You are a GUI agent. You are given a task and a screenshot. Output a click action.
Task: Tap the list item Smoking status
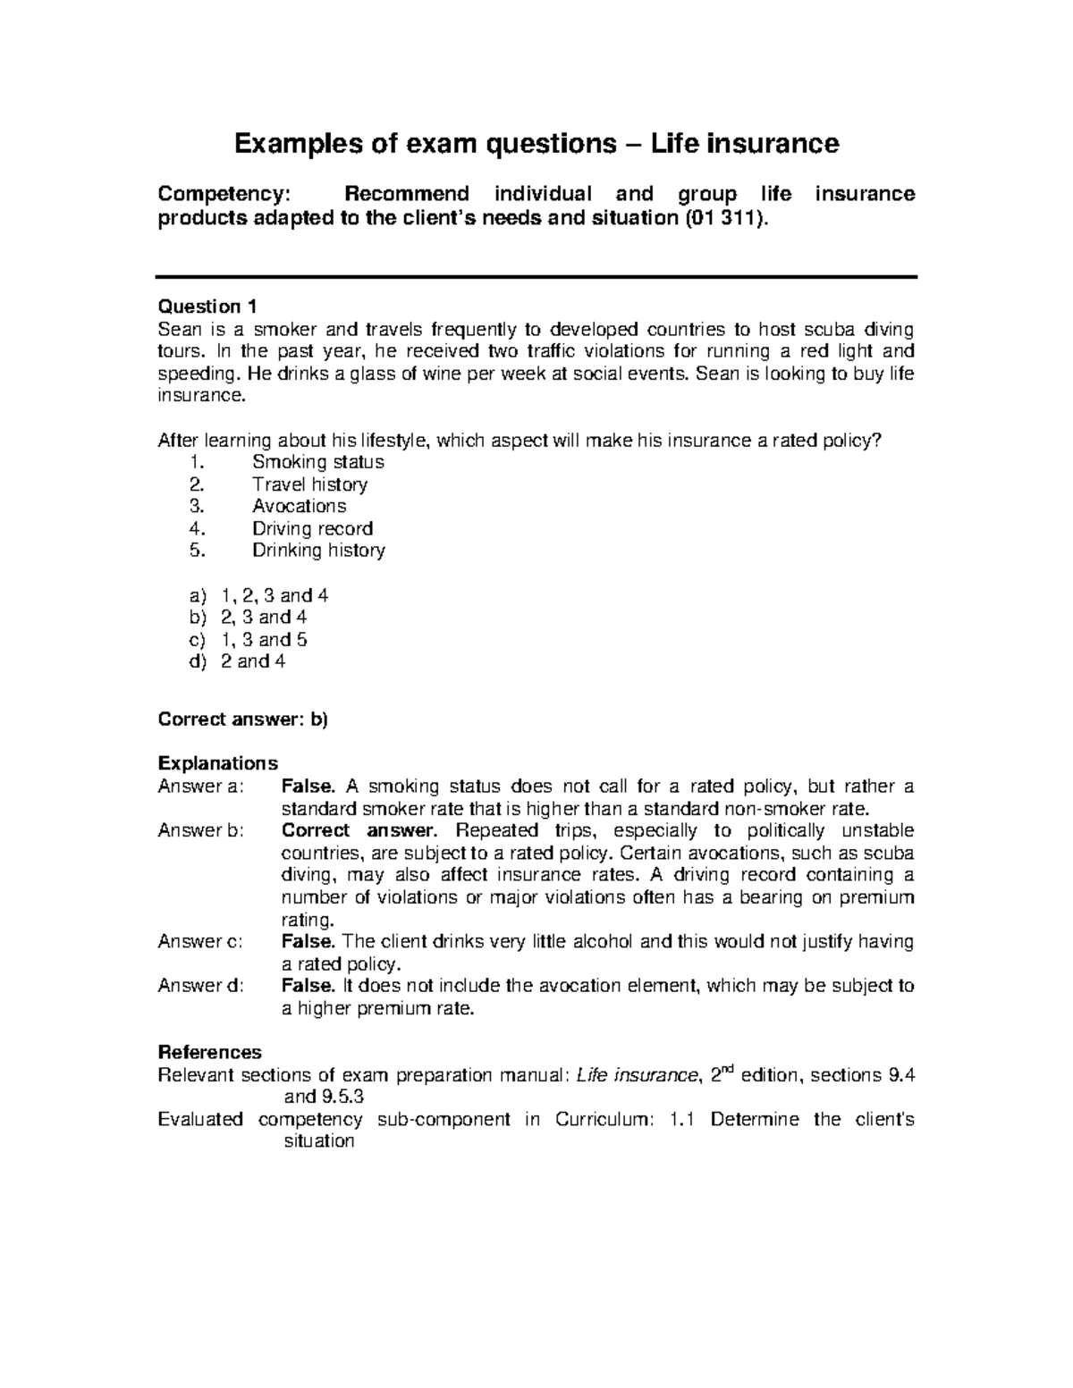click(317, 462)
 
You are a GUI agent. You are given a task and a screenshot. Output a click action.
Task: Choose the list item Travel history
click(309, 484)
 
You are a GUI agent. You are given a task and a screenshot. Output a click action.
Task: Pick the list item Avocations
click(299, 506)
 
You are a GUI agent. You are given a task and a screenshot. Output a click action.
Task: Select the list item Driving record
click(312, 528)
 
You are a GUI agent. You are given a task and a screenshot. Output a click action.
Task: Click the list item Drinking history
click(318, 551)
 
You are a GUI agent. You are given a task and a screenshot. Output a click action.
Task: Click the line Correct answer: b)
click(243, 719)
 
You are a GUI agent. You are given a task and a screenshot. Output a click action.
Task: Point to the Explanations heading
click(217, 763)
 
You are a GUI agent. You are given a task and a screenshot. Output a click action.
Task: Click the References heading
click(209, 1052)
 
